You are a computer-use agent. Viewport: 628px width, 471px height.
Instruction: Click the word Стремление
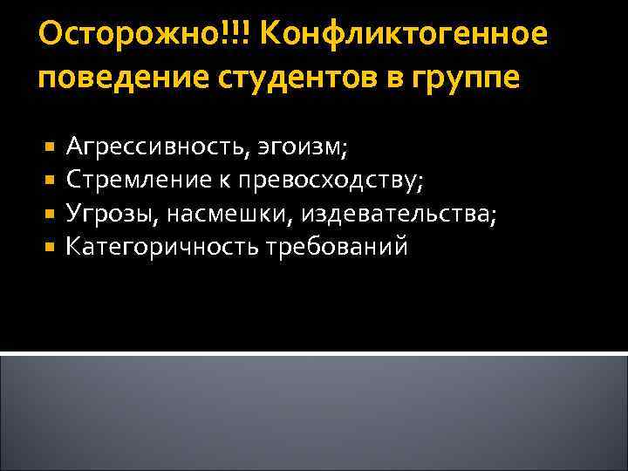click(130, 180)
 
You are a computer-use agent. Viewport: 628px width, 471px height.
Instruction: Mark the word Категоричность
click(160, 247)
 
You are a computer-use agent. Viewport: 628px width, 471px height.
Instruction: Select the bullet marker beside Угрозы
click(50, 214)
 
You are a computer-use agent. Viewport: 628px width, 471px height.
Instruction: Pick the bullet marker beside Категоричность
click(50, 247)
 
